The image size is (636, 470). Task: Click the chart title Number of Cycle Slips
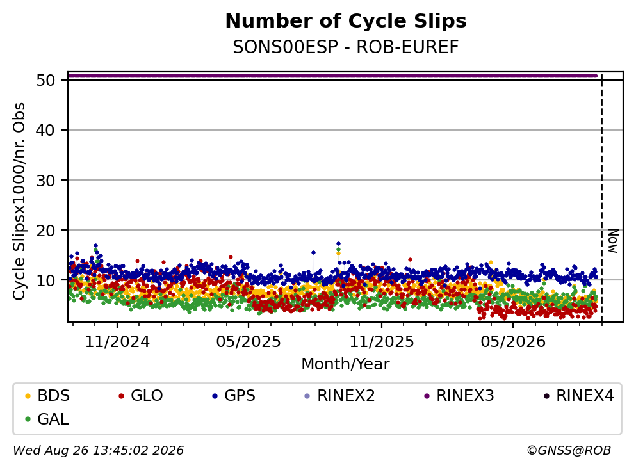click(346, 21)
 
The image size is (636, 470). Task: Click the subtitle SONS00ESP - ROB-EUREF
click(346, 47)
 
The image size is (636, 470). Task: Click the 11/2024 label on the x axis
click(117, 342)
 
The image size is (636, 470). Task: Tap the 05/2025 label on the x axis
click(249, 342)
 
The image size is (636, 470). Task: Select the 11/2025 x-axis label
click(382, 342)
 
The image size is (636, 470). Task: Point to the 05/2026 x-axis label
click(513, 342)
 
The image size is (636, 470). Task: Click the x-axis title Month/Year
click(346, 364)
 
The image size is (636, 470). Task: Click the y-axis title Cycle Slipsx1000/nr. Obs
click(19, 202)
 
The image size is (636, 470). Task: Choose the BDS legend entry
click(47, 395)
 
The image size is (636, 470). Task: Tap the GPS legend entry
click(234, 395)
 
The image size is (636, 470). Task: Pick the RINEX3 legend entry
click(459, 395)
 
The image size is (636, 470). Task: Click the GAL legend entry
click(47, 419)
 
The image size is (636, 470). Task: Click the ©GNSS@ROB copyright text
click(569, 450)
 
